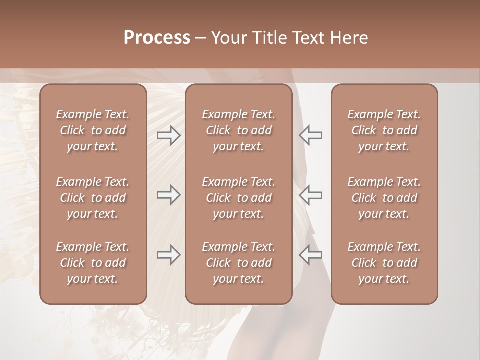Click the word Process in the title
coord(157,38)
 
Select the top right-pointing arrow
coord(169,135)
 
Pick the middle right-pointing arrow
coord(169,195)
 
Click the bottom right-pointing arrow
coord(169,255)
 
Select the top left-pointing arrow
coord(311,135)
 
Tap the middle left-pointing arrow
coord(311,195)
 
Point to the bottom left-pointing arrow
coord(311,255)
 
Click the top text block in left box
coord(93,130)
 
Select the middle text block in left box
coord(93,198)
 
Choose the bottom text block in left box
coord(93,263)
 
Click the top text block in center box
coord(238,130)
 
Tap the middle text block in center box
coord(238,198)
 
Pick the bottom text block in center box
coord(238,263)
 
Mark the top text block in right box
coord(384,130)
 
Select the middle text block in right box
coord(384,198)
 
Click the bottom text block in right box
coord(384,263)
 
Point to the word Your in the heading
coord(228,38)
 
